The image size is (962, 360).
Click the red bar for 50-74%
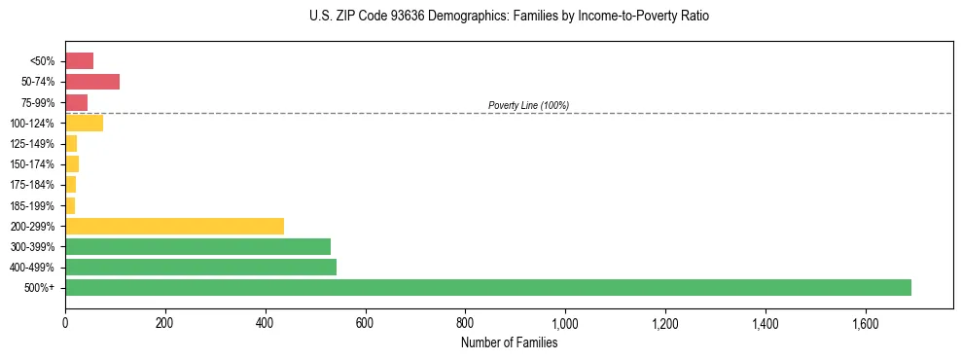click(92, 82)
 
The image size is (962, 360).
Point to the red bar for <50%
click(79, 61)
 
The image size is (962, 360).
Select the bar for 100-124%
click(84, 123)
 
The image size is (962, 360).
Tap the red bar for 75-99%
click(76, 102)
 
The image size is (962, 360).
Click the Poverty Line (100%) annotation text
click(528, 105)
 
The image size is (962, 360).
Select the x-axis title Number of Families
click(510, 342)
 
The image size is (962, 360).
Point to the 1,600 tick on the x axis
click(865, 321)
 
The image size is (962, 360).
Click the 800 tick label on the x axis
click(465, 321)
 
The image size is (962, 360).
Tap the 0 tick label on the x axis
click(65, 321)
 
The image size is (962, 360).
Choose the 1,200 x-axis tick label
click(665, 321)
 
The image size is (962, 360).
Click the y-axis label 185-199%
click(33, 205)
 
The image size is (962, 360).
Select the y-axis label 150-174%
click(33, 164)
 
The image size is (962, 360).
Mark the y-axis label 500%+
click(40, 288)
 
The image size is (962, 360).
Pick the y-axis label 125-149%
click(33, 144)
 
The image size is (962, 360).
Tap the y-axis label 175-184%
click(33, 185)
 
